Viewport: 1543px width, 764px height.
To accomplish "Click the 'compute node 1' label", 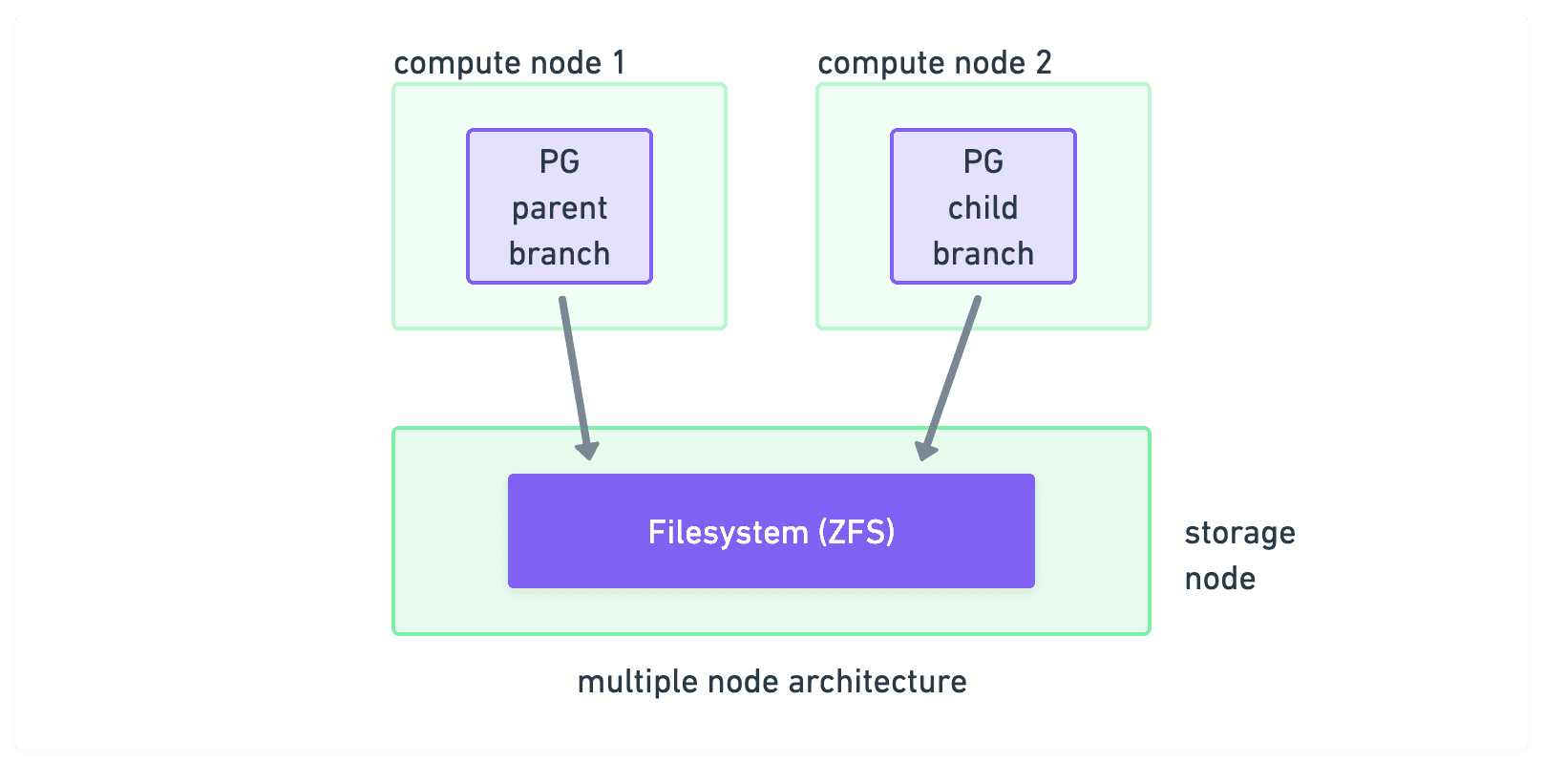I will (x=509, y=63).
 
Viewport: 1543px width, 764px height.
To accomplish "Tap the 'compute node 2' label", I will (x=934, y=63).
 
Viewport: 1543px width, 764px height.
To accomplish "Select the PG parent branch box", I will (x=559, y=206).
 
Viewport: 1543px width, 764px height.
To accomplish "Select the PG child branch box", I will (x=983, y=206).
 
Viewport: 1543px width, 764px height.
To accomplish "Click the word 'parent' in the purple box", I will (x=559, y=208).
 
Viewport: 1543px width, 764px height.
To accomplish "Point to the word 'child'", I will (x=983, y=208).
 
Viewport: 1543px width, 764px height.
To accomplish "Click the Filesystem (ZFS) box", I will (x=771, y=531).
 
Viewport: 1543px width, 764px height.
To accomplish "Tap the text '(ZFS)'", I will (x=856, y=532).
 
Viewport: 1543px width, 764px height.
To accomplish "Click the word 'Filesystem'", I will (x=728, y=532).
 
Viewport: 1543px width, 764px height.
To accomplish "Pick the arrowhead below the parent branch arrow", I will (x=587, y=448).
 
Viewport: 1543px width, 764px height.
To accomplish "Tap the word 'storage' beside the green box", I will (x=1239, y=533).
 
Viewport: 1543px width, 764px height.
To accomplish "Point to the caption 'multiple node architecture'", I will (x=771, y=682).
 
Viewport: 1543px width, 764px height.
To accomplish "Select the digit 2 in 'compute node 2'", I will (x=1044, y=63).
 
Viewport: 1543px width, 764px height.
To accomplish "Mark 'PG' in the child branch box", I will (x=983, y=161).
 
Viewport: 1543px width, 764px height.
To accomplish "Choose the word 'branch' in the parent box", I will (x=559, y=254).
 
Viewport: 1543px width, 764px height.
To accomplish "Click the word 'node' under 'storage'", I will (x=1219, y=579).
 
